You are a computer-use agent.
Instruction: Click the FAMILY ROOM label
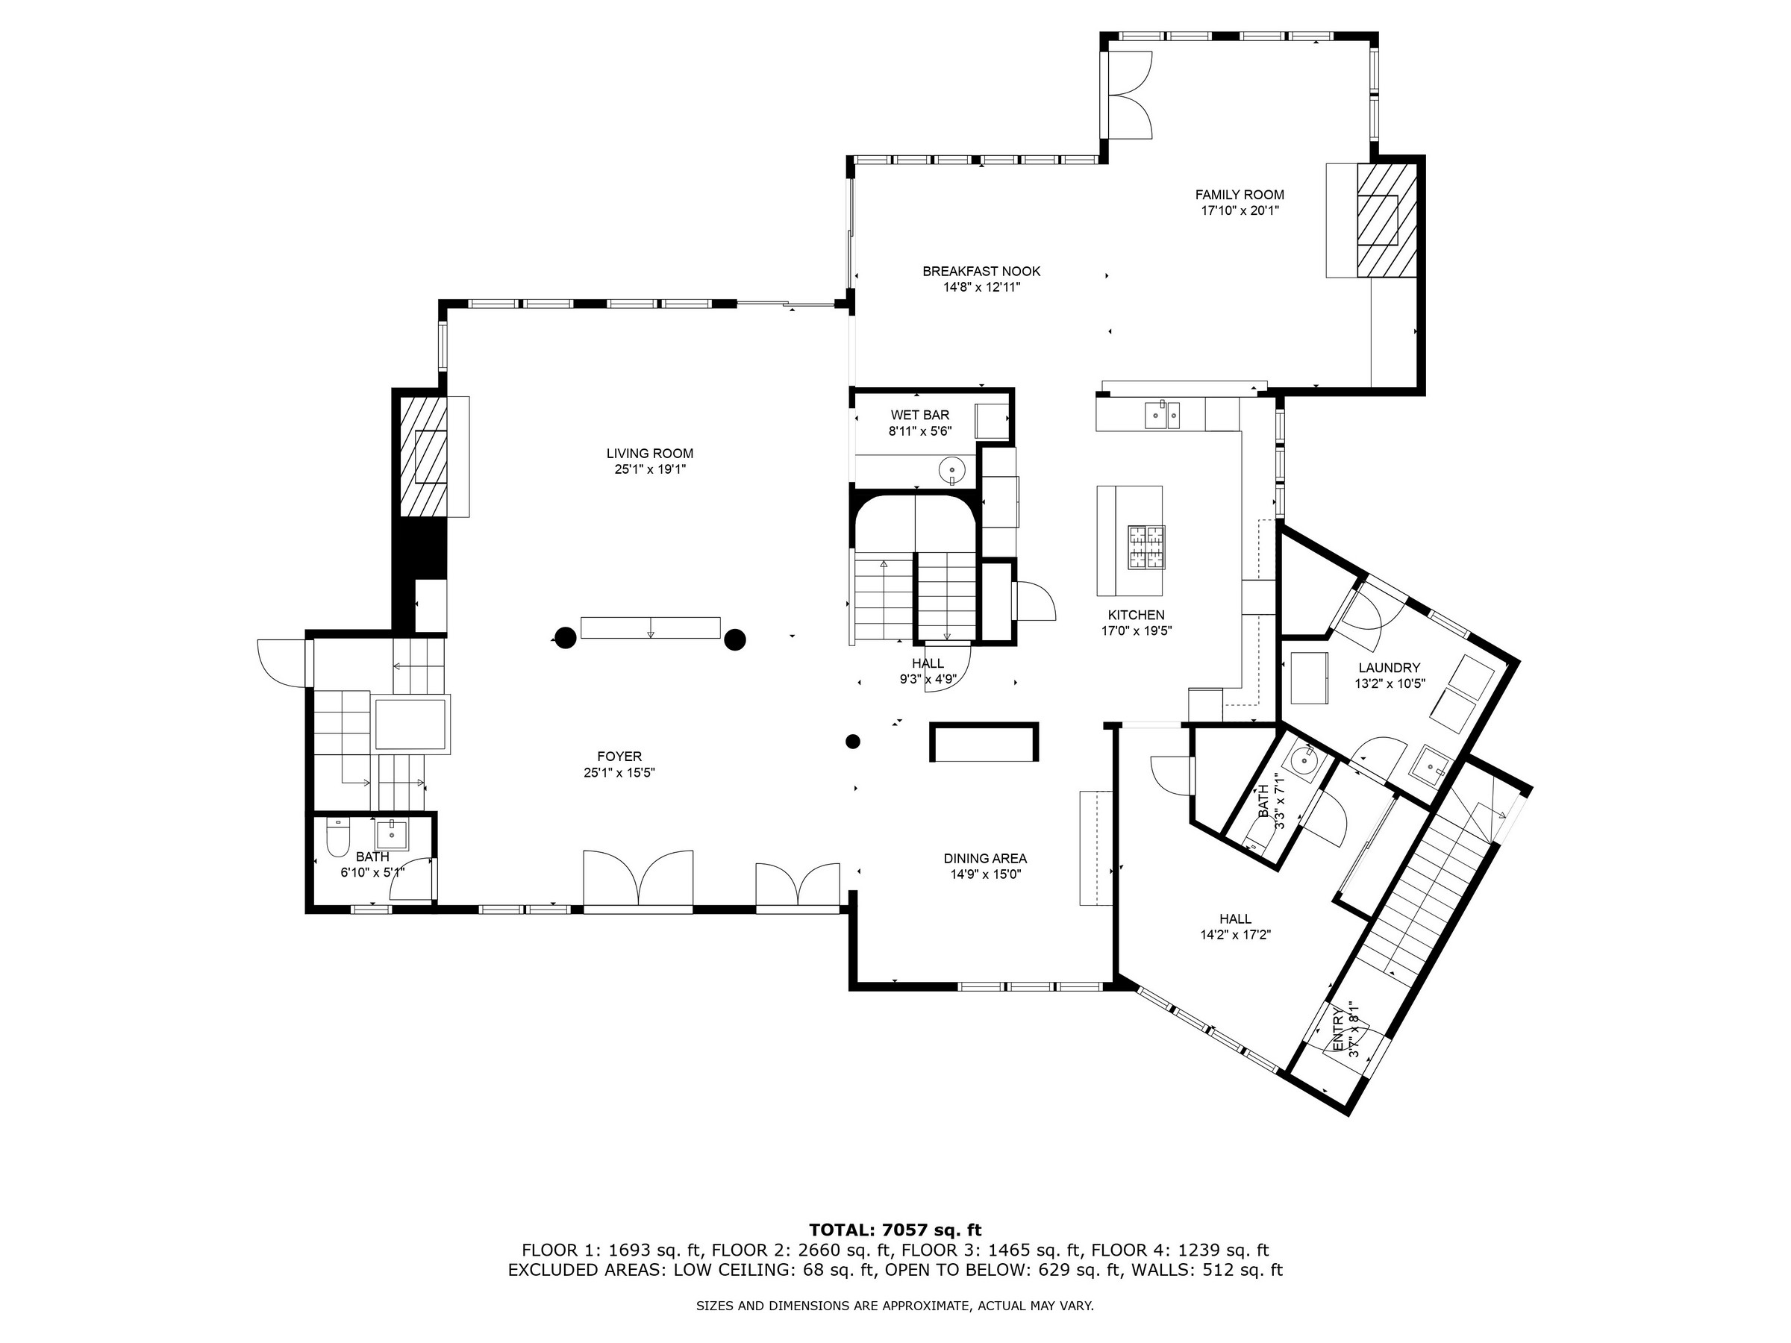(1239, 202)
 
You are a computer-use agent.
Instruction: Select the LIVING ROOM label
(649, 460)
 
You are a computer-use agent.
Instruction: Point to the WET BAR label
(920, 422)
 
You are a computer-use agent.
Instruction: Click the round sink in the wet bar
(951, 469)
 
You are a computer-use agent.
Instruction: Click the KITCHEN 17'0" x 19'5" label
(1136, 622)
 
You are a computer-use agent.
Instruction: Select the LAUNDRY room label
(1390, 675)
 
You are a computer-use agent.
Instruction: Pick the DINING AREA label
(984, 866)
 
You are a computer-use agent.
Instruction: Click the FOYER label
(619, 764)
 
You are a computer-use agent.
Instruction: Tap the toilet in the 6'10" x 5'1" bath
(337, 837)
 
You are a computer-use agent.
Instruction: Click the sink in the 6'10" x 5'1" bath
(392, 832)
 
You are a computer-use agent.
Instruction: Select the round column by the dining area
(852, 741)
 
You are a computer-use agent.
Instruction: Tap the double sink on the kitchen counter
(1162, 415)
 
